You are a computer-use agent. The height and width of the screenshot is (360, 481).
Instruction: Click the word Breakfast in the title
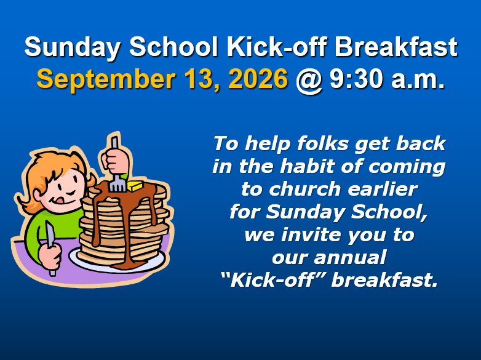pos(396,47)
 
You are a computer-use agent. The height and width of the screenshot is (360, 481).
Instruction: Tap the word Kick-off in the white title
pos(276,47)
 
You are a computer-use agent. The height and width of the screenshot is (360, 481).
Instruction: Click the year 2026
pos(258,79)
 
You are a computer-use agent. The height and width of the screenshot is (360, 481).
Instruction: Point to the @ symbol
pos(309,81)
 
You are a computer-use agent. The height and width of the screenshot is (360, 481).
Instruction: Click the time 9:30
pos(356,79)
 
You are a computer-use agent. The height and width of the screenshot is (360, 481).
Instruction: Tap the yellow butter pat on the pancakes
pos(135,186)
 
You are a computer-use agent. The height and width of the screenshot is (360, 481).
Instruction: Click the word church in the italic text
pos(304,189)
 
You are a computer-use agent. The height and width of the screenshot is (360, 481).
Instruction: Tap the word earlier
pos(383,189)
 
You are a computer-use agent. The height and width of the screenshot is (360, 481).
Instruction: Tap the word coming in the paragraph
pos(407,167)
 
